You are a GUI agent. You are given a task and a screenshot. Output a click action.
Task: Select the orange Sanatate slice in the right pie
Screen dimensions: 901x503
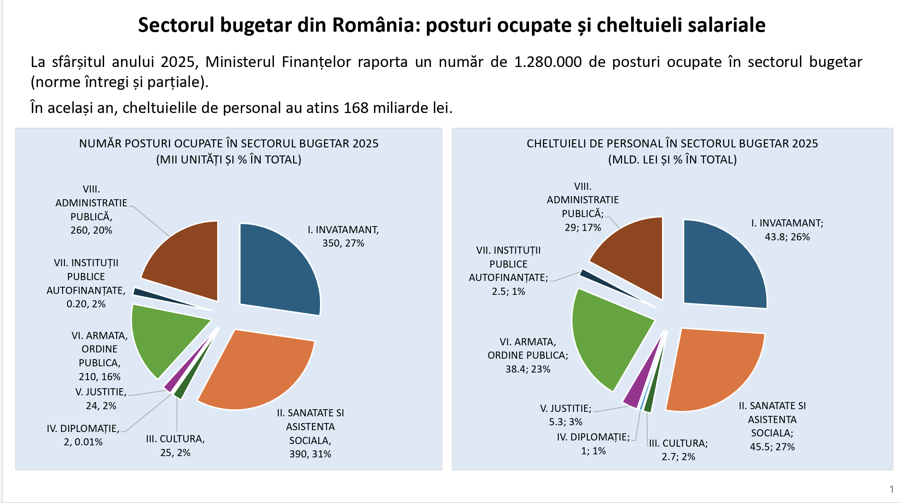(x=715, y=371)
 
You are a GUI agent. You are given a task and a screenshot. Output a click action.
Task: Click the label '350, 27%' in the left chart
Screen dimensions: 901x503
(x=343, y=243)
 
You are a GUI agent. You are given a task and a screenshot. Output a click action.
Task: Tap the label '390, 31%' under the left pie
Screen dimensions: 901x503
(x=310, y=454)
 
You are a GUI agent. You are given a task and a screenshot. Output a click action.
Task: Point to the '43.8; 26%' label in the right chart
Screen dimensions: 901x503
(x=787, y=237)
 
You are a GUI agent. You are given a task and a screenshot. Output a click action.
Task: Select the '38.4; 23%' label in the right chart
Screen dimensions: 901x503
(x=528, y=369)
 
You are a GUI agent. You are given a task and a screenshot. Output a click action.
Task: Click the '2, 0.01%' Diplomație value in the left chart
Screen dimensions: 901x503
(x=83, y=442)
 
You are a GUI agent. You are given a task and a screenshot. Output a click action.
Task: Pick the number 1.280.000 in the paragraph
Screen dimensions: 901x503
(x=548, y=62)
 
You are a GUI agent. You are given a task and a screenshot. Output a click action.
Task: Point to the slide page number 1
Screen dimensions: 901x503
(x=892, y=490)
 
